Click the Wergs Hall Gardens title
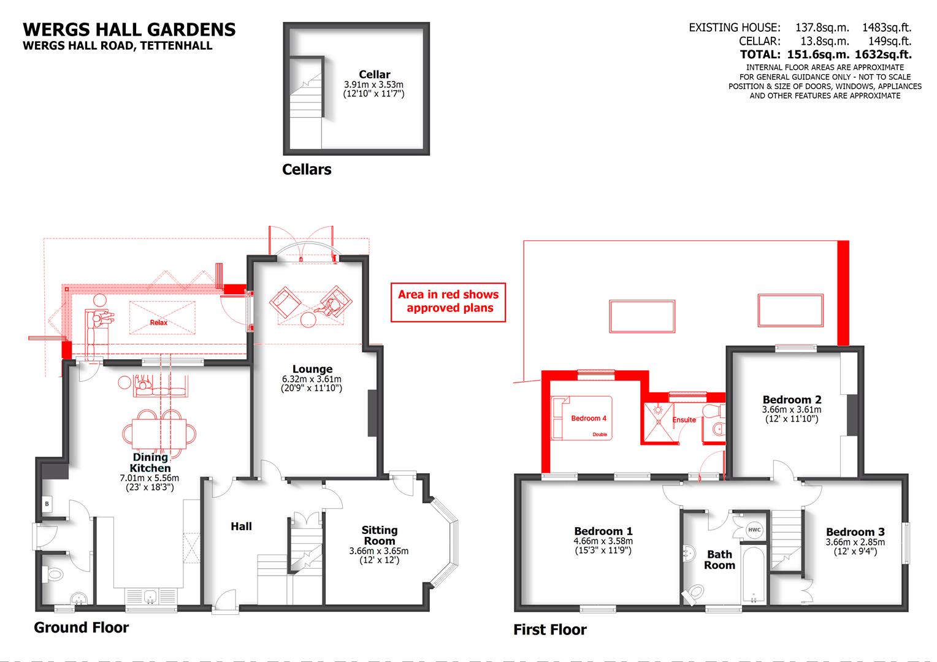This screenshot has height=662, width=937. click(129, 29)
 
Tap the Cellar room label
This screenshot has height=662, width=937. click(374, 75)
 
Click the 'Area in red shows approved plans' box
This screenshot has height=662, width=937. click(448, 302)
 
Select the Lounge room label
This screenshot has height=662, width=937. click(312, 369)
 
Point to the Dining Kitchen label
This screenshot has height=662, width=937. click(150, 462)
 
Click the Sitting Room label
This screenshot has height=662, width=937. click(379, 535)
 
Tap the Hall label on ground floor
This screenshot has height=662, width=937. click(241, 526)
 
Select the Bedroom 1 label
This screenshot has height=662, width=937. click(603, 531)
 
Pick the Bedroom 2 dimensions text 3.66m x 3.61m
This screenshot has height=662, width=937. click(791, 409)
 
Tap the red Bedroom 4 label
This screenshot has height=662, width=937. click(589, 418)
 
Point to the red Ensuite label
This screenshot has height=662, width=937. click(684, 420)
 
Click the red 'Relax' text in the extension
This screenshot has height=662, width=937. click(158, 322)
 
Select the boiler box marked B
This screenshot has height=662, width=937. click(47, 504)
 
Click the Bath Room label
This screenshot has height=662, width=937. click(719, 559)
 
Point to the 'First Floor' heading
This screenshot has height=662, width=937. click(549, 630)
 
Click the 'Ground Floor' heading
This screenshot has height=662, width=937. click(81, 627)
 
